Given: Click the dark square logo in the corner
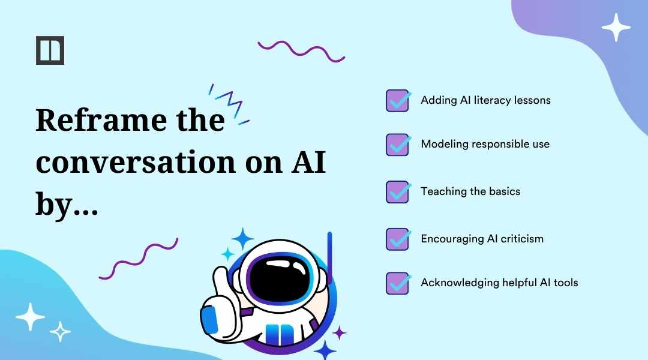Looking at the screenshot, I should tap(50, 50).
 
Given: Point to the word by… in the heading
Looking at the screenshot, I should tap(66, 206).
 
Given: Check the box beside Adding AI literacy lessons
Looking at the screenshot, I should tap(397, 101).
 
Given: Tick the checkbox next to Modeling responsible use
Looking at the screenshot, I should tap(397, 145).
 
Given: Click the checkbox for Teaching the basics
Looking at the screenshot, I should tap(397, 192).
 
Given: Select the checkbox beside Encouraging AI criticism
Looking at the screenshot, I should tap(397, 239).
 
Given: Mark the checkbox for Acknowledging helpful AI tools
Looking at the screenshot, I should tap(397, 283).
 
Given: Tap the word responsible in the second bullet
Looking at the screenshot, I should tap(496, 145).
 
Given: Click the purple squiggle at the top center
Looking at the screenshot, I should tap(301, 50).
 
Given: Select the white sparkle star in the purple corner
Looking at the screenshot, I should tap(616, 27).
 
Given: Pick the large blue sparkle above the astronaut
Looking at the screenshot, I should tap(242, 239).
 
